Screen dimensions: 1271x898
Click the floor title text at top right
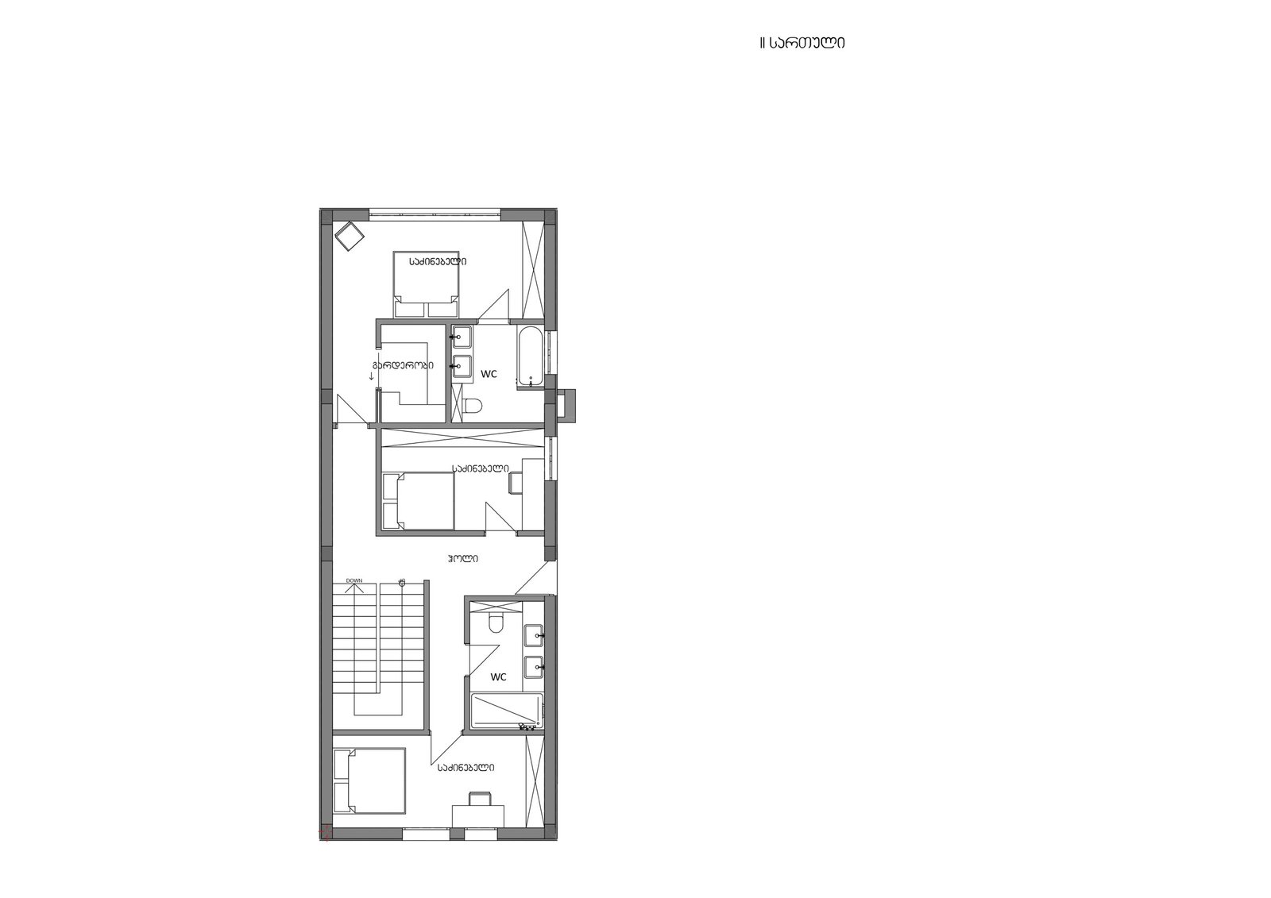[x=802, y=43]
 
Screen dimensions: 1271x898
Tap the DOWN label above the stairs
[x=354, y=580]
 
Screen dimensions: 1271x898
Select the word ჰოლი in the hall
[x=462, y=558]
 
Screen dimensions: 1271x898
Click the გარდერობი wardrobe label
[x=403, y=364]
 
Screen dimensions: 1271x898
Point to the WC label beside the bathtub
[x=489, y=374]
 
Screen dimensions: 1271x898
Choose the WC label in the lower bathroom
[x=498, y=676]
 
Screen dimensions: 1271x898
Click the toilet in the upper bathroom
[x=472, y=406]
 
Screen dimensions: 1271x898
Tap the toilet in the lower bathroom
[x=496, y=623]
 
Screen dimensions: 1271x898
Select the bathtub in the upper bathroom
[x=531, y=357]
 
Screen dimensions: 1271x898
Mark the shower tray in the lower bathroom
[x=507, y=711]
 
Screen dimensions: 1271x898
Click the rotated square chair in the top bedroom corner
[x=349, y=235]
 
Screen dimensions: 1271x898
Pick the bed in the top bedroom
[x=426, y=284]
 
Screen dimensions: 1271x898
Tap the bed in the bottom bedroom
[x=369, y=780]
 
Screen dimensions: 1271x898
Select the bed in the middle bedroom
[x=419, y=500]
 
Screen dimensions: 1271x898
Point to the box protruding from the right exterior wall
[x=566, y=406]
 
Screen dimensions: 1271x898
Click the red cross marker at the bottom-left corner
[x=325, y=833]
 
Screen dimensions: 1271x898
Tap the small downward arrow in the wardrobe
[x=372, y=376]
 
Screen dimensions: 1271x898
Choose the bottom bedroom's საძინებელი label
[x=466, y=768]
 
